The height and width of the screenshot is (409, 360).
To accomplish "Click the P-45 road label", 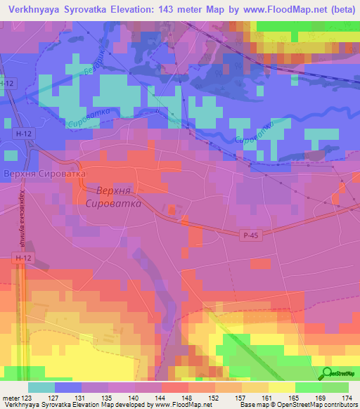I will [253, 236].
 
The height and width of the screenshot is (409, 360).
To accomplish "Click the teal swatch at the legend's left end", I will [41, 387].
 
